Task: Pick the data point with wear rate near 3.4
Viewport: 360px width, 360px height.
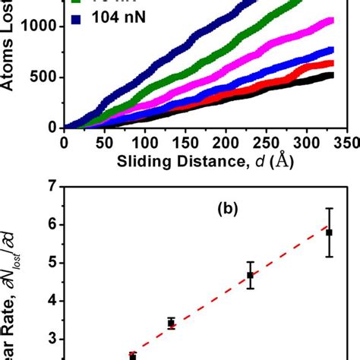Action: pos(172,324)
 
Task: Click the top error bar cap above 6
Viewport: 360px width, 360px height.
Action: pos(329,208)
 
